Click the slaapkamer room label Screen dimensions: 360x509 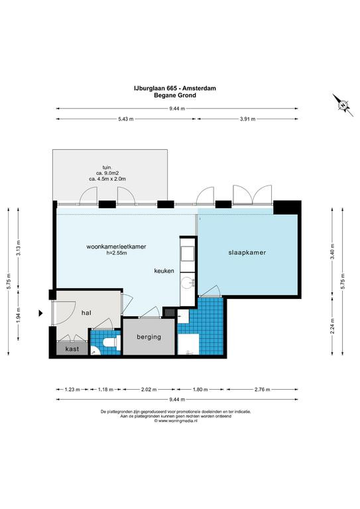point(247,253)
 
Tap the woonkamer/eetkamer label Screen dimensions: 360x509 point(116,247)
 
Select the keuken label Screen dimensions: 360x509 point(164,270)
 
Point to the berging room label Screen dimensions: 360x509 point(149,337)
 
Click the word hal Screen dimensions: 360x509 point(86,313)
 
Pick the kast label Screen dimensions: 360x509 point(72,349)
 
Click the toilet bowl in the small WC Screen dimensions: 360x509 point(109,343)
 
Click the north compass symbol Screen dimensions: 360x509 point(343,105)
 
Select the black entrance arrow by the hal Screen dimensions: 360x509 point(40,313)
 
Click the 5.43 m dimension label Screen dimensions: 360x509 point(126,119)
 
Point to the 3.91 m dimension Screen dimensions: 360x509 point(248,119)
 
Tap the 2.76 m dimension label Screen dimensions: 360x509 point(263,390)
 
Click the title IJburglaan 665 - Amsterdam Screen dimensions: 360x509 point(175,88)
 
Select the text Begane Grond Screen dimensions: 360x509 point(175,95)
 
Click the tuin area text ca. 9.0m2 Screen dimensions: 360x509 point(107,173)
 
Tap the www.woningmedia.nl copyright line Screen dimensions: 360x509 point(176,421)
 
